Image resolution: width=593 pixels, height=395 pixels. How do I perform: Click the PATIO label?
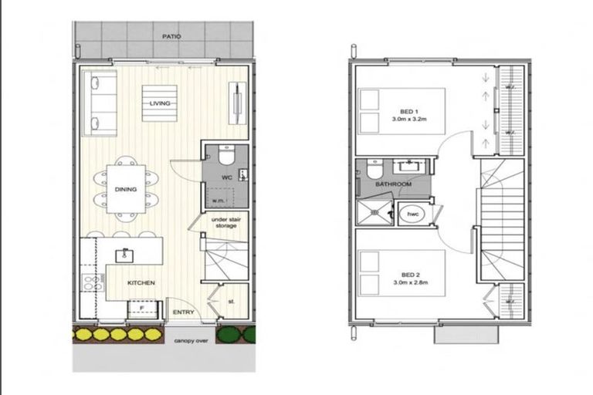point(171,36)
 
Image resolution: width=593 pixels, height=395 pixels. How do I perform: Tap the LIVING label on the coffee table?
point(160,103)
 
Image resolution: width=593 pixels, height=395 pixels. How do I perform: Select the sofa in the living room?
point(100,103)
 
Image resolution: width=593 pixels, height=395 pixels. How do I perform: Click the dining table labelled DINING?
point(125,189)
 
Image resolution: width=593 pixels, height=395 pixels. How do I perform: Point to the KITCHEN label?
point(141,283)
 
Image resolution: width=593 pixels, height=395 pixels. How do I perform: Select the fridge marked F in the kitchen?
point(141,308)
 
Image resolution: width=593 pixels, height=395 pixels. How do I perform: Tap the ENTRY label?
point(183,312)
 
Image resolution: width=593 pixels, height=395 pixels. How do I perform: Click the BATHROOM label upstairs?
point(393,185)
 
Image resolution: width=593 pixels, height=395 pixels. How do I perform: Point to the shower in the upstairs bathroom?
point(374,211)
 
